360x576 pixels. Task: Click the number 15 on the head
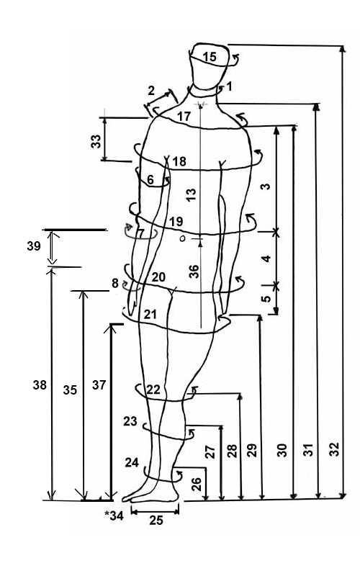tap(210, 57)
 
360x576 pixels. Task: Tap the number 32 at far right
tap(334, 449)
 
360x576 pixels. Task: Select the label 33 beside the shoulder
tap(96, 141)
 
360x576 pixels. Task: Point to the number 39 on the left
tap(33, 246)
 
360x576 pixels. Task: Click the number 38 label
tap(40, 385)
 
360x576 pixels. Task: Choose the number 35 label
tap(70, 390)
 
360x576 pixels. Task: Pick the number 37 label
tap(99, 385)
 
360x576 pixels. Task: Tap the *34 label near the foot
tap(114, 516)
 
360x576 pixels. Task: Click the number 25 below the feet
tap(156, 520)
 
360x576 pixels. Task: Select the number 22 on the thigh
tap(153, 390)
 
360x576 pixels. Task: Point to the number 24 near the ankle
tap(132, 462)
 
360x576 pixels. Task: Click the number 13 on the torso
tap(192, 194)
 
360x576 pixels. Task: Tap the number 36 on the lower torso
tap(193, 271)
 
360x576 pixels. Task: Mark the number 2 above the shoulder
tap(151, 91)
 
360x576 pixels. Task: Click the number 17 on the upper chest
tap(184, 117)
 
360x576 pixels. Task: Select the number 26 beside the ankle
tap(197, 484)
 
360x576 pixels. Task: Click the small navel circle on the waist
tap(183, 239)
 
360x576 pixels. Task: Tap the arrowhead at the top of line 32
tap(343, 49)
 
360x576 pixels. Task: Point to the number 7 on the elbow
tap(140, 233)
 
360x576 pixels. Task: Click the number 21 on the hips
tap(150, 315)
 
